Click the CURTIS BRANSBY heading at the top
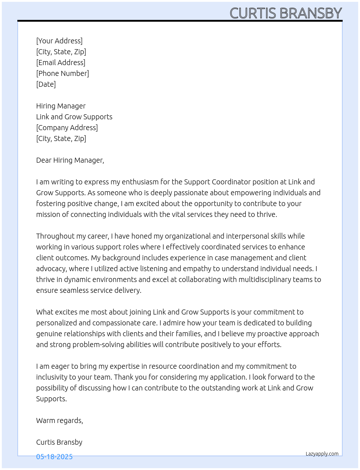click(286, 13)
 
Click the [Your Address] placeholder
click(59, 41)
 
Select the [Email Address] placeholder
click(61, 63)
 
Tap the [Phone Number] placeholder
click(63, 73)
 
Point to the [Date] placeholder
click(46, 84)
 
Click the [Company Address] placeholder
click(67, 128)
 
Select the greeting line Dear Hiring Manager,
click(70, 160)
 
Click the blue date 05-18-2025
click(54, 457)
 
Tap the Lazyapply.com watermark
click(322, 454)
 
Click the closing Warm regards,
click(60, 420)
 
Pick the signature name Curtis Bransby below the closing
click(59, 442)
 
